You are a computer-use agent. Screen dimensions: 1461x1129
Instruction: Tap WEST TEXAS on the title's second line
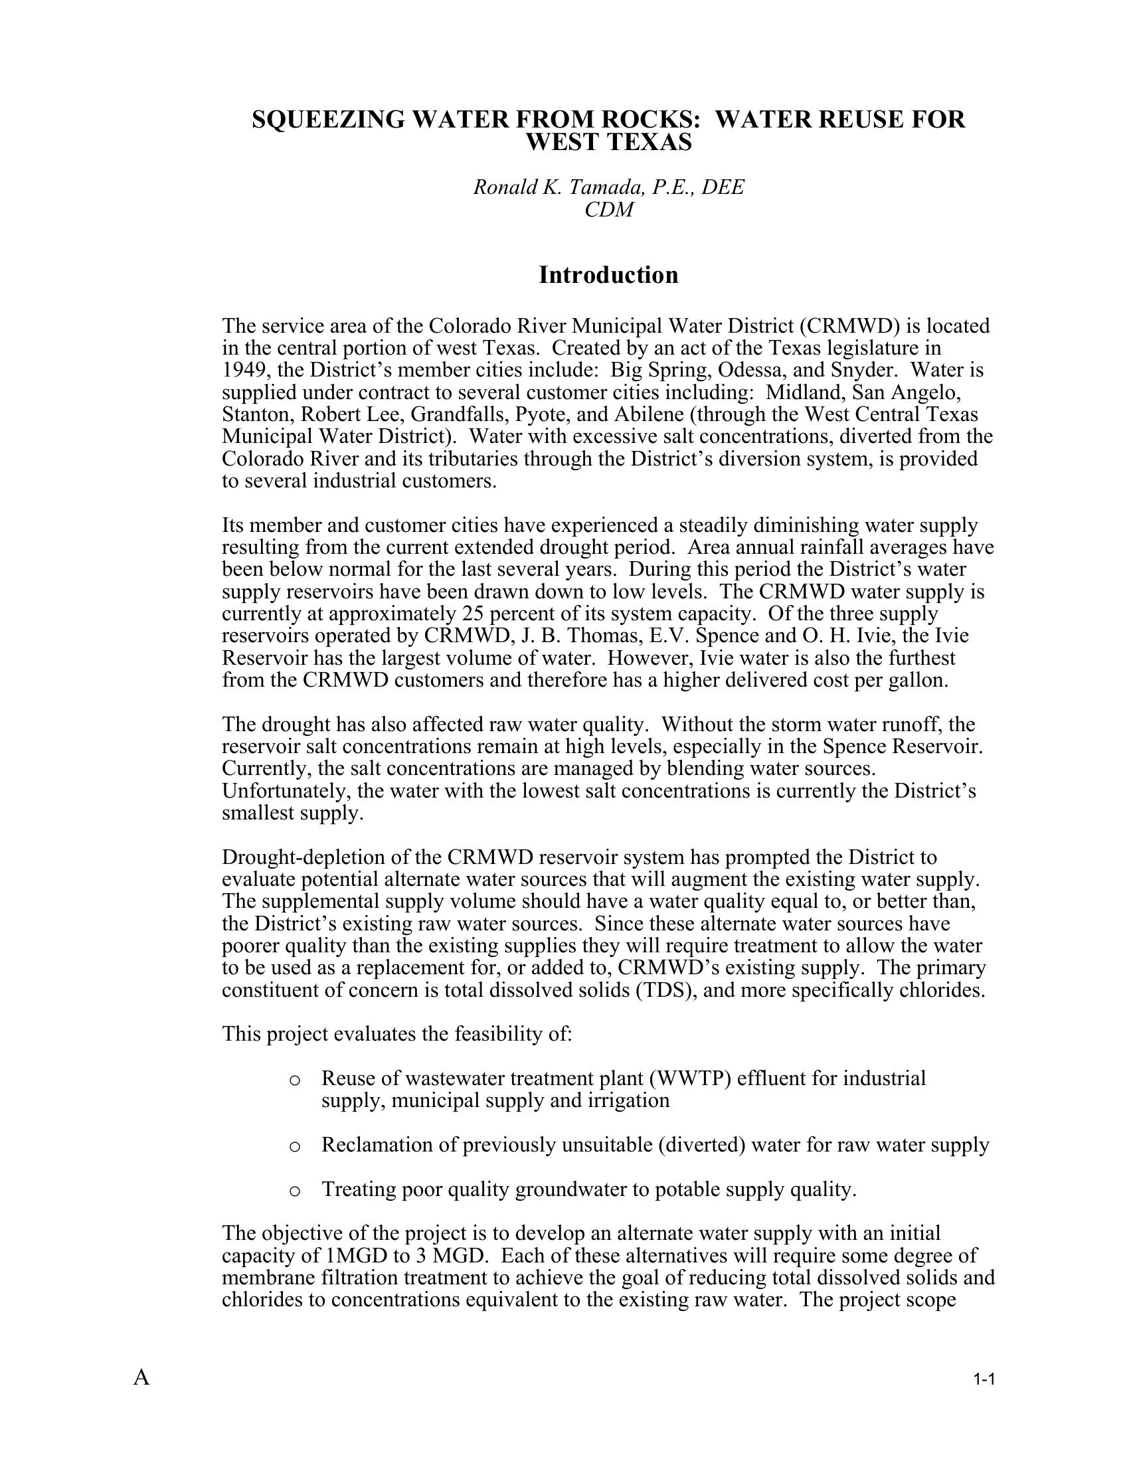click(x=608, y=142)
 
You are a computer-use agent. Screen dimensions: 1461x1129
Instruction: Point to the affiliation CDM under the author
click(x=608, y=209)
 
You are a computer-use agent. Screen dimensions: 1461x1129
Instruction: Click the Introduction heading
click(x=608, y=275)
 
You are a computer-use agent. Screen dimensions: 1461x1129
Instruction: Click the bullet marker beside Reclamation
click(x=294, y=1147)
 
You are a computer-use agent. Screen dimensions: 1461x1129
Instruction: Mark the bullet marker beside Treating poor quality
click(x=294, y=1191)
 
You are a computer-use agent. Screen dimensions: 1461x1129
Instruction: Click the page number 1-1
click(x=984, y=1379)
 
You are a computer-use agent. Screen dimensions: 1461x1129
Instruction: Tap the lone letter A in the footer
click(x=141, y=1377)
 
